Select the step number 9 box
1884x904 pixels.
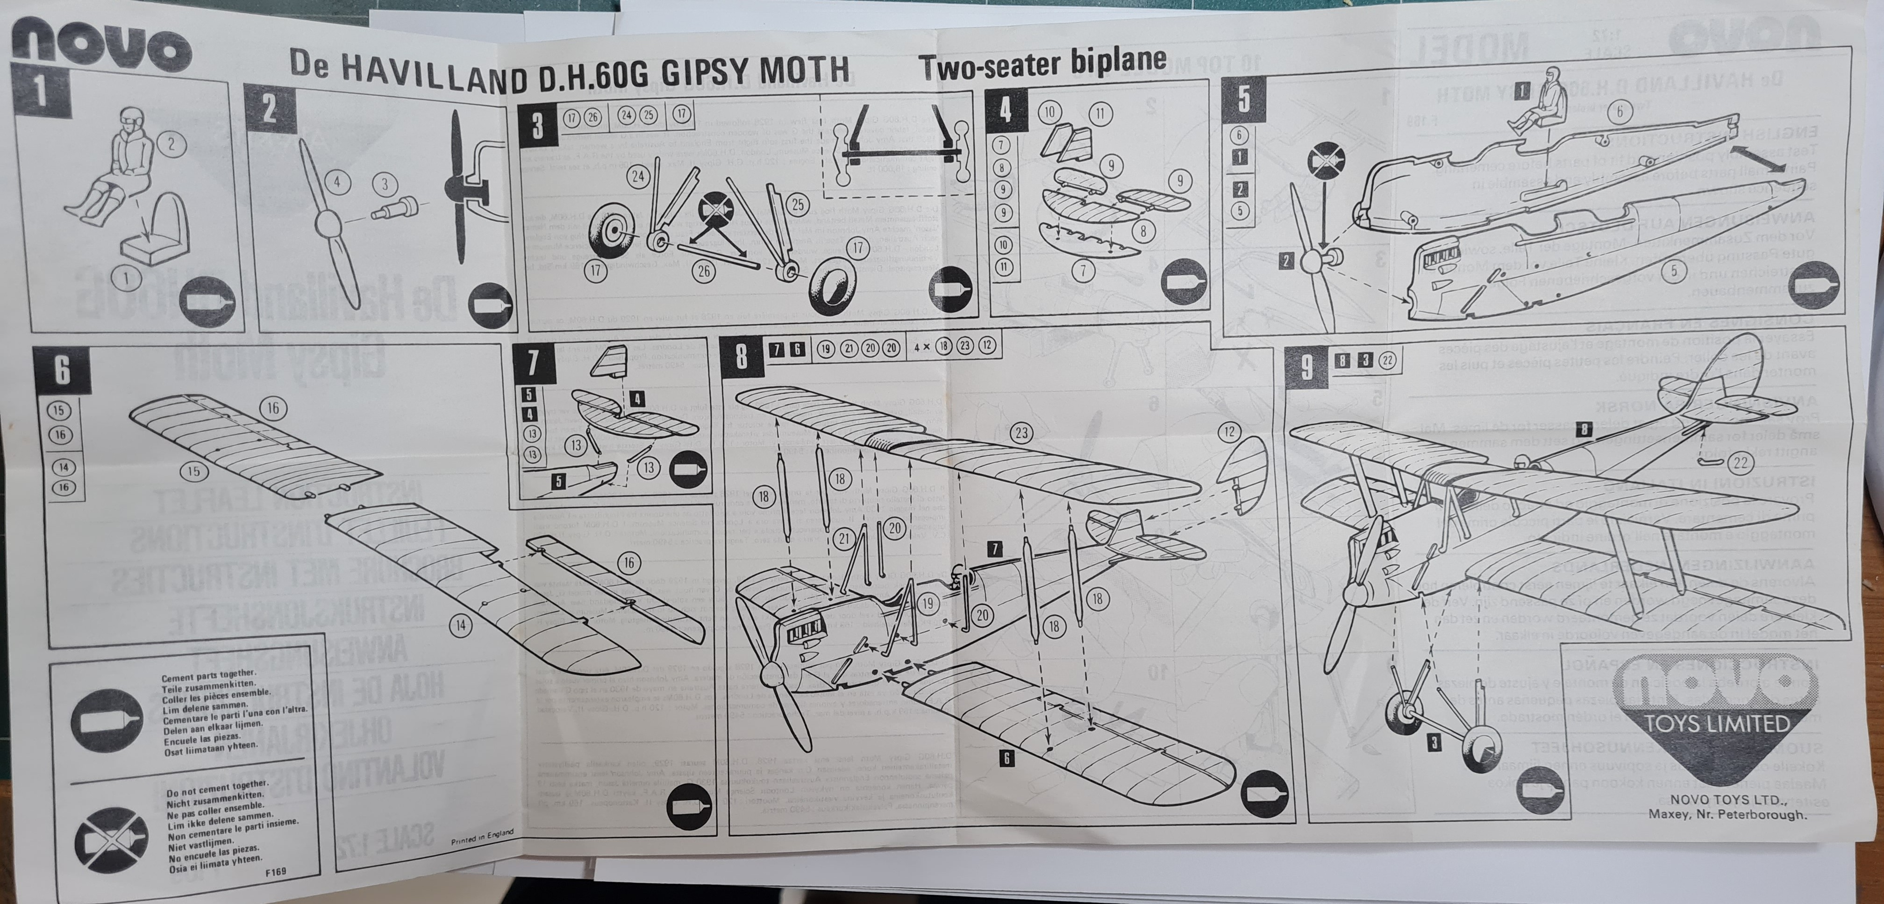(1307, 368)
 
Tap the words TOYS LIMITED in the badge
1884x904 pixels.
(1716, 725)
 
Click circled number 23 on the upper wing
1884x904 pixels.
(1021, 433)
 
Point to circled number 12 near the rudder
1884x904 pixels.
(1229, 432)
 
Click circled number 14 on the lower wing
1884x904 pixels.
(461, 625)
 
